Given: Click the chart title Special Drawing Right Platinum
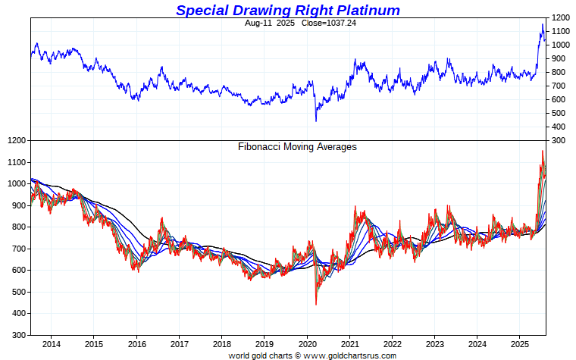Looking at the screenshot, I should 288,10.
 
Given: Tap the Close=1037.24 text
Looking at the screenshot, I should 312,23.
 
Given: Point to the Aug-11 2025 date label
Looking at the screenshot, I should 265,23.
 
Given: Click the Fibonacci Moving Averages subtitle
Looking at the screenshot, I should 297,147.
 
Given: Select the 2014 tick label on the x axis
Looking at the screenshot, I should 51,344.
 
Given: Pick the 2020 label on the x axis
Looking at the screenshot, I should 307,344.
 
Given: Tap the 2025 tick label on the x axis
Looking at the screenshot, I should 519,344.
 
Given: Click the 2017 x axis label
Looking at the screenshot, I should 179,344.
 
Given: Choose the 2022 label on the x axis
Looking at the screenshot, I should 392,344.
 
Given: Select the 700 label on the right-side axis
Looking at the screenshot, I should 560,86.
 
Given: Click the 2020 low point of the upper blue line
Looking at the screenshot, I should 316,121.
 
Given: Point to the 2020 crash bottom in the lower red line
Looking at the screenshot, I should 316,305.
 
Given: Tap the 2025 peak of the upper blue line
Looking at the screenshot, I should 543,24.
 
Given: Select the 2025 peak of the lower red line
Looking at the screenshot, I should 543,151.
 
